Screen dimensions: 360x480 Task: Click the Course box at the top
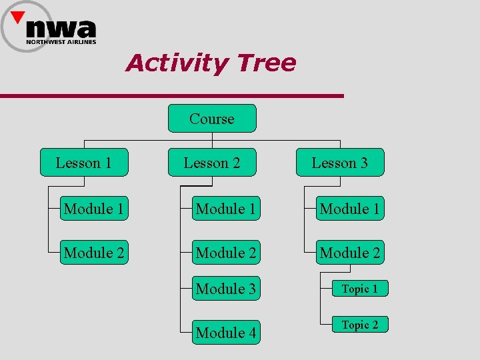212,119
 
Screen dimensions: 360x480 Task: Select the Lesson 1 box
83,163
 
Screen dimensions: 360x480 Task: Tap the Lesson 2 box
212,163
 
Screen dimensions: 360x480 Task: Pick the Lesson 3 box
340,163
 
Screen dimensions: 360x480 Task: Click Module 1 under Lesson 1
93,209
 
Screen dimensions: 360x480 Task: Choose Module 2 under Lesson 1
93,253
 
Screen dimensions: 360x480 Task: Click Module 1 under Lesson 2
225,209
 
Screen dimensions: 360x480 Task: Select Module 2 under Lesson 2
225,253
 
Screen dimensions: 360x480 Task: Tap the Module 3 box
225,289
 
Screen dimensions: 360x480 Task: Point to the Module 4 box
225,332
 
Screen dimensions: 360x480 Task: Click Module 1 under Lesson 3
350,209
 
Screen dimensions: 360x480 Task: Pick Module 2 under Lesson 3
350,253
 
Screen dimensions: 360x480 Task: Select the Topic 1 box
360,289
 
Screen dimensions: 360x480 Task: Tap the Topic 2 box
360,325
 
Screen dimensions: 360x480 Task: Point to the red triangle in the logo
19,17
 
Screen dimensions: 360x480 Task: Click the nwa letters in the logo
61,28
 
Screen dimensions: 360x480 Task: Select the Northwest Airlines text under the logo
61,42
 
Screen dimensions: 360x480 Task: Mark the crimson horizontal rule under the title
172,96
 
